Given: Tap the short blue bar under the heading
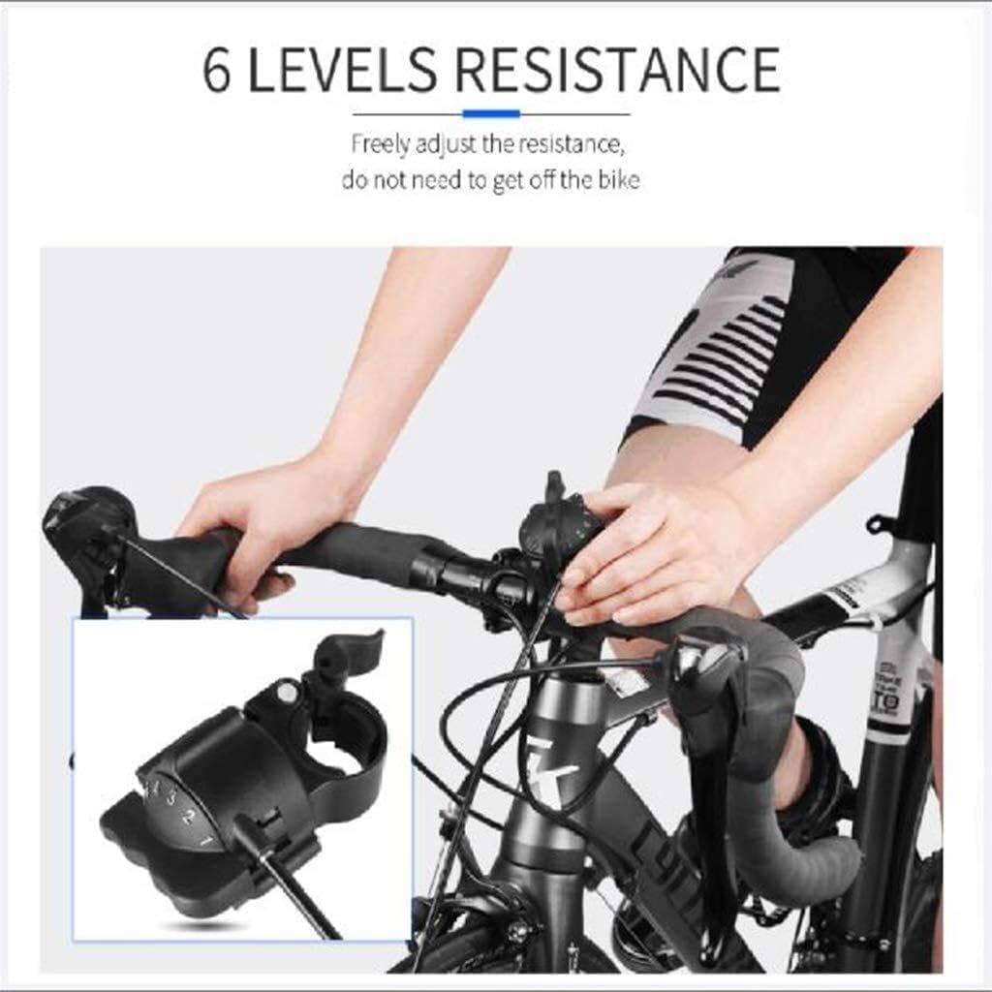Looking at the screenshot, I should pyautogui.click(x=491, y=114).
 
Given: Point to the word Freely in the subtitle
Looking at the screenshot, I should pyautogui.click(x=381, y=145).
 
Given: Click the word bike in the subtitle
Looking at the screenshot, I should pyautogui.click(x=617, y=180).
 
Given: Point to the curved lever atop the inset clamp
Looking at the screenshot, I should pyautogui.click(x=349, y=651).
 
